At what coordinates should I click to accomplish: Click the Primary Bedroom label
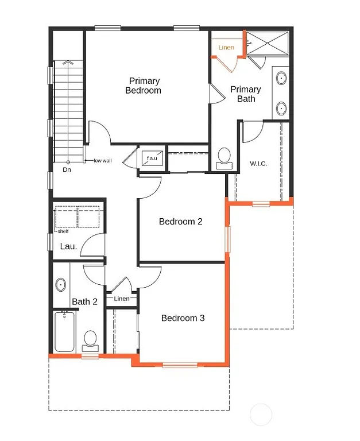point(144,86)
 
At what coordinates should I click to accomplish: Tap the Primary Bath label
point(246,94)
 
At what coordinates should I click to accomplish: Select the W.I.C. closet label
point(258,163)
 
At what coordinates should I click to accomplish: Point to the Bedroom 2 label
point(180,222)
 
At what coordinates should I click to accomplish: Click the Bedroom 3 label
point(183,318)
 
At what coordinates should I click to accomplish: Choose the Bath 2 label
point(85,301)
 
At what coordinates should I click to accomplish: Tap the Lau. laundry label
point(68,246)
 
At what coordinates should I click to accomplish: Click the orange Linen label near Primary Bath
point(226,47)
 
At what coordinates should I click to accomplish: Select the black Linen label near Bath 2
point(122,299)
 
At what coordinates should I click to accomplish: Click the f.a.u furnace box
point(152,157)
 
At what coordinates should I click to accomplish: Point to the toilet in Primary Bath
point(224,157)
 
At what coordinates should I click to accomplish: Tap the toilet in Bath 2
point(90,340)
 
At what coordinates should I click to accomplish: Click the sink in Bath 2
point(61,284)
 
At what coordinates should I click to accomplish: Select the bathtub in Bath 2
point(64,332)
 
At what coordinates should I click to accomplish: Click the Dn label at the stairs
point(67,170)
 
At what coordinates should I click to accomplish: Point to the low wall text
point(103,161)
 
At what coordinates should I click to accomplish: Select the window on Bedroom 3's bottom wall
point(180,365)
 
